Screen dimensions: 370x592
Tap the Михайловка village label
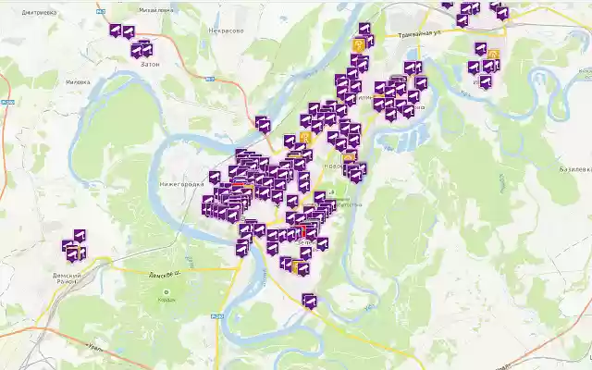(x=156, y=10)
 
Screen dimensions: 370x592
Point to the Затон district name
(x=149, y=64)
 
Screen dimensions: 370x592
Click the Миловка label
(x=74, y=80)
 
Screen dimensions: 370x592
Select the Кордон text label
(x=167, y=300)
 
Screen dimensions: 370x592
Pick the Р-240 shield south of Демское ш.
(x=216, y=316)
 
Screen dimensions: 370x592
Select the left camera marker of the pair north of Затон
(x=116, y=31)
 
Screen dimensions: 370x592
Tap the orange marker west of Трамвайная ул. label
(x=359, y=44)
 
